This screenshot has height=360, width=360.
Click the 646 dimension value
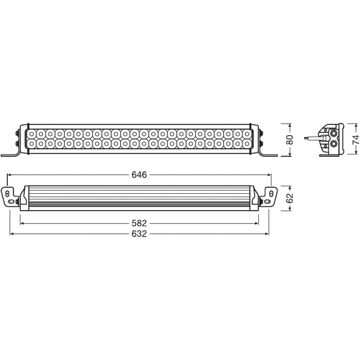(139, 175)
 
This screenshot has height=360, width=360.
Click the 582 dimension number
(139, 223)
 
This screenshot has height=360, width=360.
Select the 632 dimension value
(139, 234)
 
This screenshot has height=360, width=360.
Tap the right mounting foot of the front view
(268, 154)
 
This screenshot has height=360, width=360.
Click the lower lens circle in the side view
(333, 143)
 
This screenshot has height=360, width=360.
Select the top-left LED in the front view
(32, 134)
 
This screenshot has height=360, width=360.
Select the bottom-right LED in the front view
(247, 143)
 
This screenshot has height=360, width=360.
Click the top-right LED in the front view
(247, 134)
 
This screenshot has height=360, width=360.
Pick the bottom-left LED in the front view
(32, 143)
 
